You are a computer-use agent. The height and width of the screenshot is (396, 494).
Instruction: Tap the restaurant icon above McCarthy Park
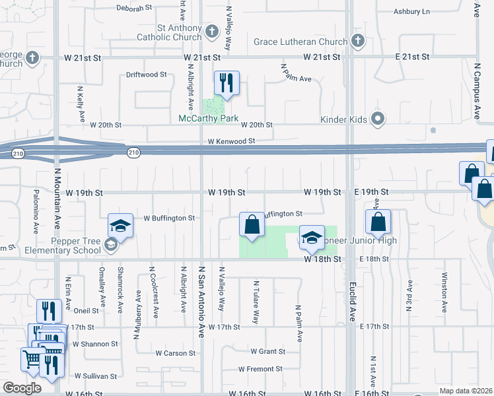pos(226,83)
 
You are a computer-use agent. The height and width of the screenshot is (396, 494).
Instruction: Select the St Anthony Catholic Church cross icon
pos(211,30)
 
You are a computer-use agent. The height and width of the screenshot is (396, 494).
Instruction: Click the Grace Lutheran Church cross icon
pos(357,42)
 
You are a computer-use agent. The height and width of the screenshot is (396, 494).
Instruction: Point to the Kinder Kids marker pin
pos(378,119)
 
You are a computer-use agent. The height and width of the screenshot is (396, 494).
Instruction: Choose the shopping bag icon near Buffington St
pos(251,225)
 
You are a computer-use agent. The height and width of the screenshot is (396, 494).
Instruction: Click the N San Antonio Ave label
pos(201,300)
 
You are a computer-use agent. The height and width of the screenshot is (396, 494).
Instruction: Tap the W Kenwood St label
pos(231,141)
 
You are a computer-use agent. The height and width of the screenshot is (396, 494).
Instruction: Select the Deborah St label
pos(134,9)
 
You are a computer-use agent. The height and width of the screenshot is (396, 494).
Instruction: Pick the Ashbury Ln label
pos(411,12)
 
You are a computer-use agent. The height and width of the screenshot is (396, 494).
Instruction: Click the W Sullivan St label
pos(96,376)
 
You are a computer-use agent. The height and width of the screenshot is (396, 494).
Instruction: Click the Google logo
pos(22,387)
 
